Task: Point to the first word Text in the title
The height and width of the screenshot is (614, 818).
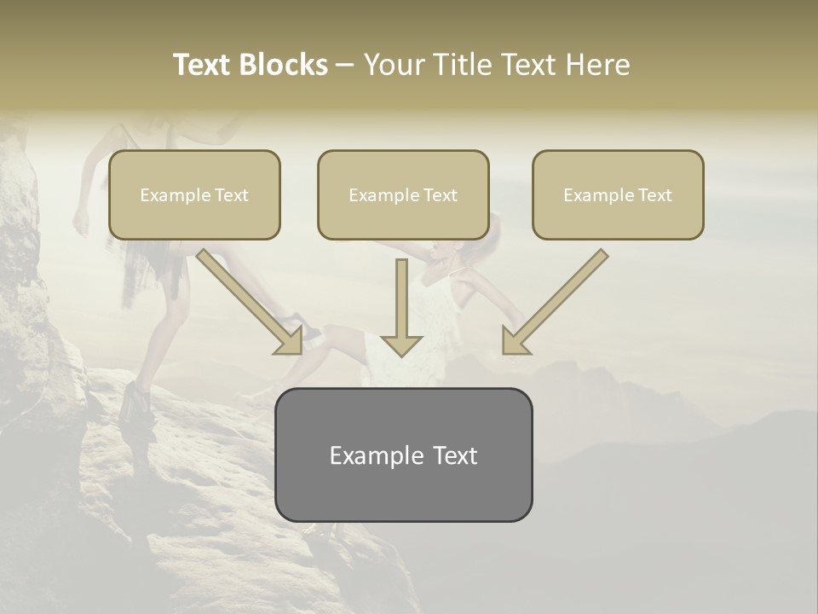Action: (204, 65)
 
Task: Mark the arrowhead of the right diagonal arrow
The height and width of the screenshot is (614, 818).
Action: (514, 342)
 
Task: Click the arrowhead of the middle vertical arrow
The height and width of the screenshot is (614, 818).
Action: (401, 345)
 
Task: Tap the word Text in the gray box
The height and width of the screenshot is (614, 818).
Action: (453, 455)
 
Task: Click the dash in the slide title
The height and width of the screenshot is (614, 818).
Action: (345, 66)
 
